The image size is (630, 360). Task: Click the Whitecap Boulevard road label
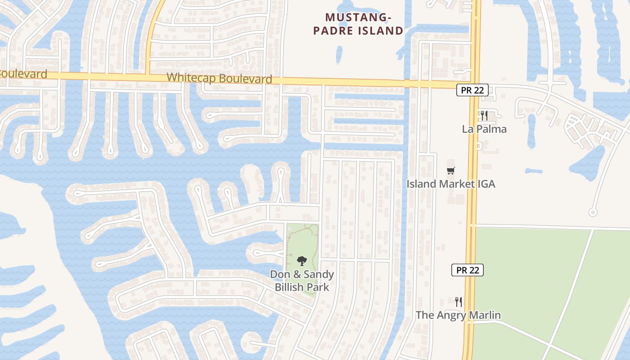[219, 78]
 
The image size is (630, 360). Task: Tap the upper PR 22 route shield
[472, 90]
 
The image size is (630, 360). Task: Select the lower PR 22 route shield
[467, 270]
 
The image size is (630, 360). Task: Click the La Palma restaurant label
[484, 129]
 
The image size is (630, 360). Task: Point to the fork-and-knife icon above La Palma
[484, 116]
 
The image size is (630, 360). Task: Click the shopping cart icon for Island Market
[451, 171]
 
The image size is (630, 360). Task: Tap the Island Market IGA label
[451, 184]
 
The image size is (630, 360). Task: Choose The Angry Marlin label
[458, 315]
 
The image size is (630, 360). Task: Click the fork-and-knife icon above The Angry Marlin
[459, 301]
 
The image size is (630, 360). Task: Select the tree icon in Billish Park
[302, 261]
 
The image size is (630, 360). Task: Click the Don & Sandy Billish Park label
[302, 280]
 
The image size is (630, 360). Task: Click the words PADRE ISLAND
[358, 31]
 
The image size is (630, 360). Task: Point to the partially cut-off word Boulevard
[22, 74]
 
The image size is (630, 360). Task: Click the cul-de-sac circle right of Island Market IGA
[593, 212]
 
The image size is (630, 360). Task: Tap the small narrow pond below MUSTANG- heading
[339, 54]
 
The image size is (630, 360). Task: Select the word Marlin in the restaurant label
[485, 315]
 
